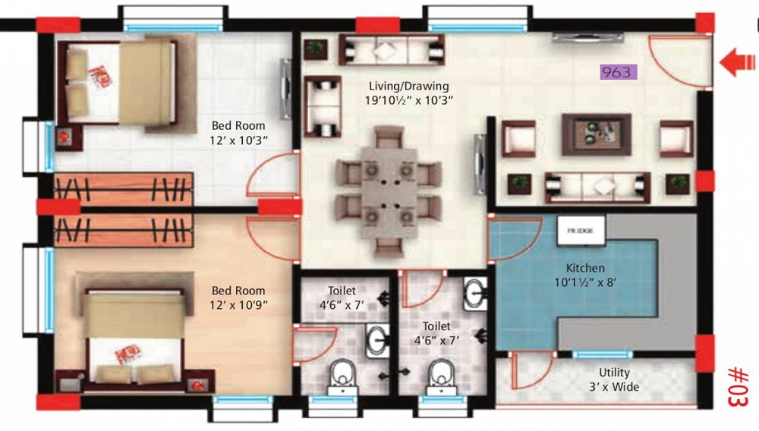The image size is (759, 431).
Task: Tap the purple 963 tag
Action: [x=619, y=72]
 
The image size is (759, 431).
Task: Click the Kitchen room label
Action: [x=585, y=268]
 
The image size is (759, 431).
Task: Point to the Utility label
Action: [x=614, y=373]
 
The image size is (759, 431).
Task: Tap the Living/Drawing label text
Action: [x=408, y=86]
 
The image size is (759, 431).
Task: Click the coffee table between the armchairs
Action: [x=596, y=134]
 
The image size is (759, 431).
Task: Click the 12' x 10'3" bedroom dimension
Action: [x=239, y=140]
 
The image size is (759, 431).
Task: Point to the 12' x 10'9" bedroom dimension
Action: [x=239, y=304]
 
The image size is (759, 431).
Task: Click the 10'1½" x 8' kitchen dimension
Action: [x=585, y=282]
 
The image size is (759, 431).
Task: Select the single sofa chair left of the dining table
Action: [x=321, y=105]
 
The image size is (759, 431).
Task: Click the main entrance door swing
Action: [x=677, y=61]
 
